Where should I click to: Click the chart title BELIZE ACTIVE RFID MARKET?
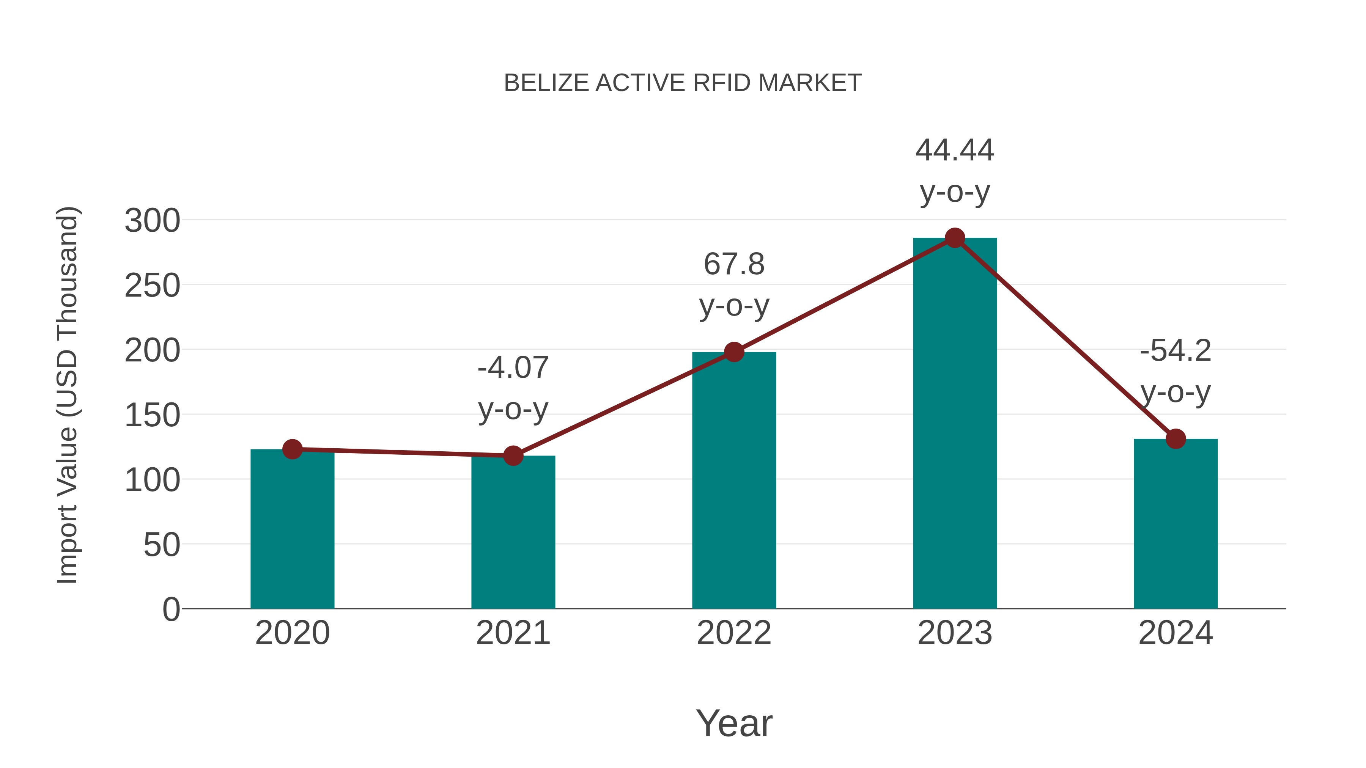683,83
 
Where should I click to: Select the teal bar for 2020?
292,530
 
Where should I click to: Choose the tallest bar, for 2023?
955,424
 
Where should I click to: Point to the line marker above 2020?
292,449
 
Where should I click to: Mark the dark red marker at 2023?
955,238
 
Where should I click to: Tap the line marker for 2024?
1176,439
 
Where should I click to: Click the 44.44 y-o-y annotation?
955,171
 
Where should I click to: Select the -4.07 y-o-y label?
513,388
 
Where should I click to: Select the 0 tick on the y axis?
171,609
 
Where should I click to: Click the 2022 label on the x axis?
734,633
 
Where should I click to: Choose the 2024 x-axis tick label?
1176,633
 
